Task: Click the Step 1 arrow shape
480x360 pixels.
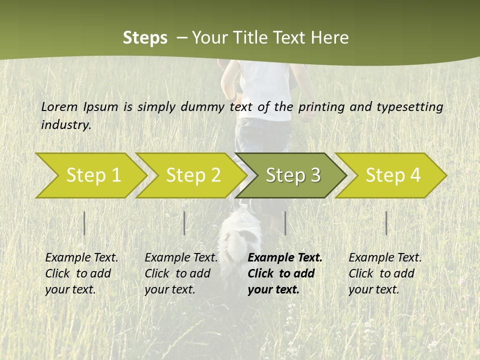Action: pos(92,175)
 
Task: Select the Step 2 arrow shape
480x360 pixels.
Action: pos(192,175)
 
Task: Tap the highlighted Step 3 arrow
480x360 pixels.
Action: pos(292,175)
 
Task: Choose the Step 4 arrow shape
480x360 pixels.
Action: pos(392,175)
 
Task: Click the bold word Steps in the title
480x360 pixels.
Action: pos(145,37)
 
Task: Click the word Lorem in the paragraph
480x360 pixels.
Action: pos(59,106)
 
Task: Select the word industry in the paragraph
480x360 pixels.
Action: pos(65,125)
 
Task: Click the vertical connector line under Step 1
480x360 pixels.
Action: pos(84,223)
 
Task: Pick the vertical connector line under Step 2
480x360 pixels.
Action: pos(184,223)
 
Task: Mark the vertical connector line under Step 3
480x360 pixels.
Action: pos(285,223)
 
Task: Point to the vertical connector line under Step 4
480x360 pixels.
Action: pos(386,223)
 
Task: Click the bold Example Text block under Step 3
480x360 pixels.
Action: pos(285,273)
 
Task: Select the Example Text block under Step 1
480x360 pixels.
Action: pos(81,273)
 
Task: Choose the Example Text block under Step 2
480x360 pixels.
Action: pos(181,273)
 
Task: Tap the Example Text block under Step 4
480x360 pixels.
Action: pos(385,273)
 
